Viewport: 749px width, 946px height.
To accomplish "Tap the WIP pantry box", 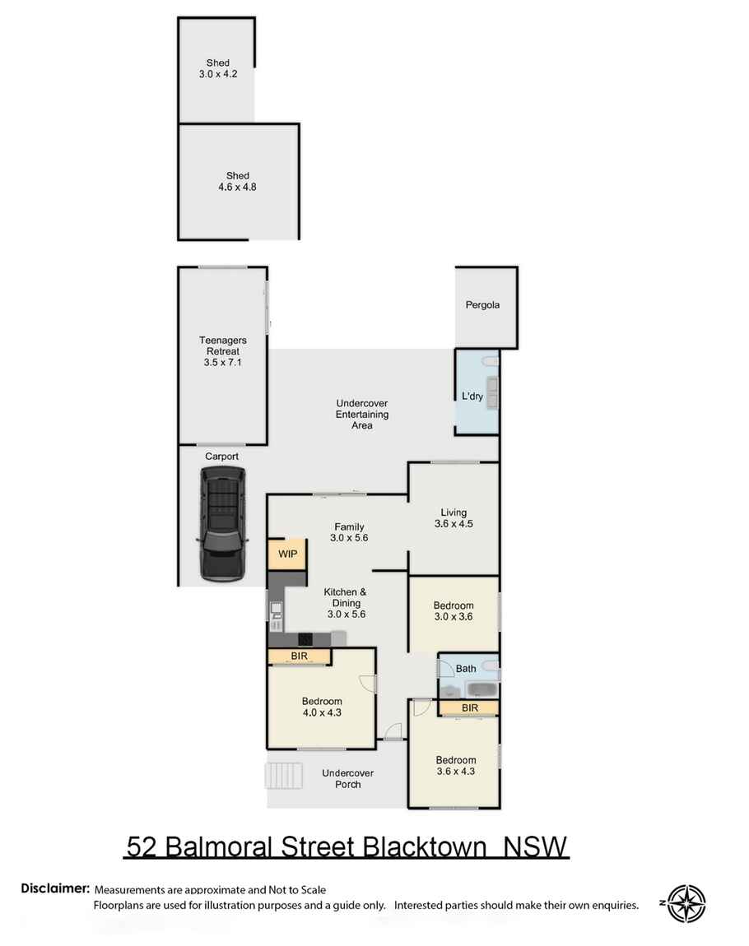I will (287, 554).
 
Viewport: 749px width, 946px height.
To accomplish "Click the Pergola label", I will (482, 305).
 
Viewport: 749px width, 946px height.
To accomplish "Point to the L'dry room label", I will (472, 396).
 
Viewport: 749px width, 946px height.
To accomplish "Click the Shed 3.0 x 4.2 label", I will (218, 69).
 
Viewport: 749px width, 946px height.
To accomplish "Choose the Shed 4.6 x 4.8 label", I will (238, 181).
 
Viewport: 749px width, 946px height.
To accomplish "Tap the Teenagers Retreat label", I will (222, 351).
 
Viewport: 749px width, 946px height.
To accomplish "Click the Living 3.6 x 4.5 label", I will (454, 517).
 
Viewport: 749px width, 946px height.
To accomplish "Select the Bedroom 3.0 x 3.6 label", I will (454, 611).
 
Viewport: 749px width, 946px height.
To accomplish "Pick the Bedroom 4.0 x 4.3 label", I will (321, 707).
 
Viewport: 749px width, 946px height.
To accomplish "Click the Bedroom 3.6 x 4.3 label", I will (455, 765).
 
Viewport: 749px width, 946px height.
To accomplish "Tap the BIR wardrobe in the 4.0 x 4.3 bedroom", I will (299, 656).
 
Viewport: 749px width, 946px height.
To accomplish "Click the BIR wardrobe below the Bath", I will (469, 707).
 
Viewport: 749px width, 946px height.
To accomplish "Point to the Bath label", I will (465, 668).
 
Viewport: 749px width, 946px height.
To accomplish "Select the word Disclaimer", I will (55, 888).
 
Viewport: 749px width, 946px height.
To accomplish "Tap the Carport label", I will (222, 456).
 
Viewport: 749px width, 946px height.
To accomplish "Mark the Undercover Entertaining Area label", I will (361, 414).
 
